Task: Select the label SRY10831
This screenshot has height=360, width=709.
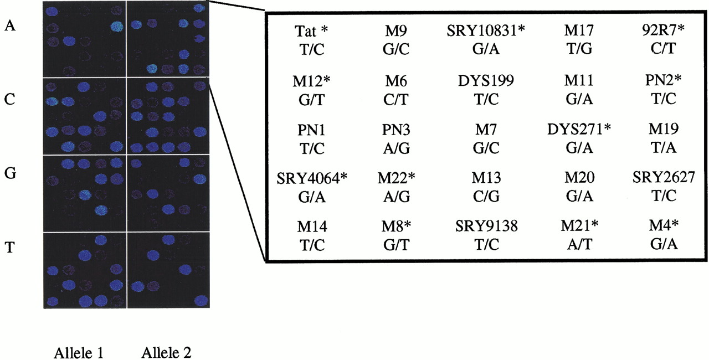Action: click(x=482, y=30)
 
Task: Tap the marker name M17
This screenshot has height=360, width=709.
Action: click(x=579, y=30)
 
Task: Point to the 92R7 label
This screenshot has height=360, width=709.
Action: click(x=660, y=30)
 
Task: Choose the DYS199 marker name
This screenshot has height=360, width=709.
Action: click(x=486, y=81)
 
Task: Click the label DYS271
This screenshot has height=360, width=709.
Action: click(x=575, y=130)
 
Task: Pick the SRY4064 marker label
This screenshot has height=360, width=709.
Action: click(x=308, y=179)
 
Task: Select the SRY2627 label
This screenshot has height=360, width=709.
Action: click(x=664, y=177)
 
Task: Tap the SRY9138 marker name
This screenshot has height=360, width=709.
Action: click(x=486, y=226)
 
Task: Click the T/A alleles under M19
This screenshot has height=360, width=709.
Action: click(x=664, y=148)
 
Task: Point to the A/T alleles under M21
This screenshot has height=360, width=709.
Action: click(x=579, y=245)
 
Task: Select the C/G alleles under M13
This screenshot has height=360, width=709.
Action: click(x=486, y=197)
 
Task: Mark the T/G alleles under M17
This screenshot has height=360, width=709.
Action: click(x=579, y=49)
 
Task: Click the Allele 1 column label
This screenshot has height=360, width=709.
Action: click(x=79, y=353)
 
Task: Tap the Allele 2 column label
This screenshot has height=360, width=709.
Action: click(x=166, y=352)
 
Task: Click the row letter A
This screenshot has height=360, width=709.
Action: click(x=10, y=25)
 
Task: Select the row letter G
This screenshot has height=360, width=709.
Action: click(x=10, y=173)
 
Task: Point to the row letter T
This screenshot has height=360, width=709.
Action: click(x=10, y=247)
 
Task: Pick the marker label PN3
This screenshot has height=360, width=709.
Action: click(x=396, y=130)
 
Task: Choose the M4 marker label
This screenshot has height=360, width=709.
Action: click(x=660, y=225)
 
